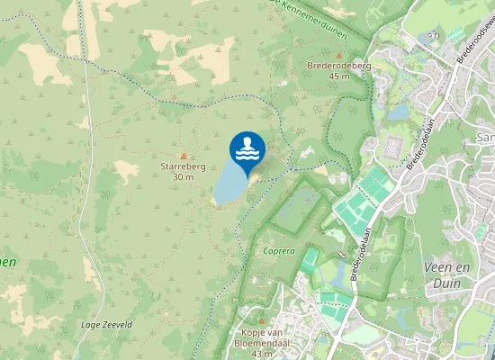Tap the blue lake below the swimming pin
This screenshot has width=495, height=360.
230,187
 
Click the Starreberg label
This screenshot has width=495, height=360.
183,167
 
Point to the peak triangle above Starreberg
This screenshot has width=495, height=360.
184,156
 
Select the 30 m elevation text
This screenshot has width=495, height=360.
183,177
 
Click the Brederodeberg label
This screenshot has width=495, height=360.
339,66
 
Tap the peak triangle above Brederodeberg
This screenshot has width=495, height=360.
340,54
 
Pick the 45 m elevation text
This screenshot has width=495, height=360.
339,76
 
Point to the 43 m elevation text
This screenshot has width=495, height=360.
262,354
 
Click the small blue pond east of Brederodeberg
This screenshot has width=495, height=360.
399,113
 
